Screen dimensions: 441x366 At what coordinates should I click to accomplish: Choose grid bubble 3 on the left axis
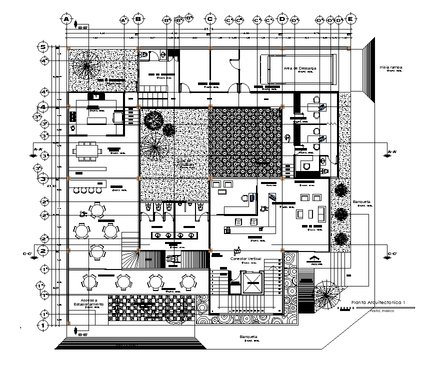43,178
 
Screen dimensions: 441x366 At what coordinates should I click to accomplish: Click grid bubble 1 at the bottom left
43,325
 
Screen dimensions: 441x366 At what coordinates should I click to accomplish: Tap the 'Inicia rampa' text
391,67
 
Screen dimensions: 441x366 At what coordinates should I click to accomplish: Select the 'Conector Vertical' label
245,258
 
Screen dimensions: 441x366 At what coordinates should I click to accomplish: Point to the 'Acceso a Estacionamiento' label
89,302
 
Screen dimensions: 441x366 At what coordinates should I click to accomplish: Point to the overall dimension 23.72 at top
209,29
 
